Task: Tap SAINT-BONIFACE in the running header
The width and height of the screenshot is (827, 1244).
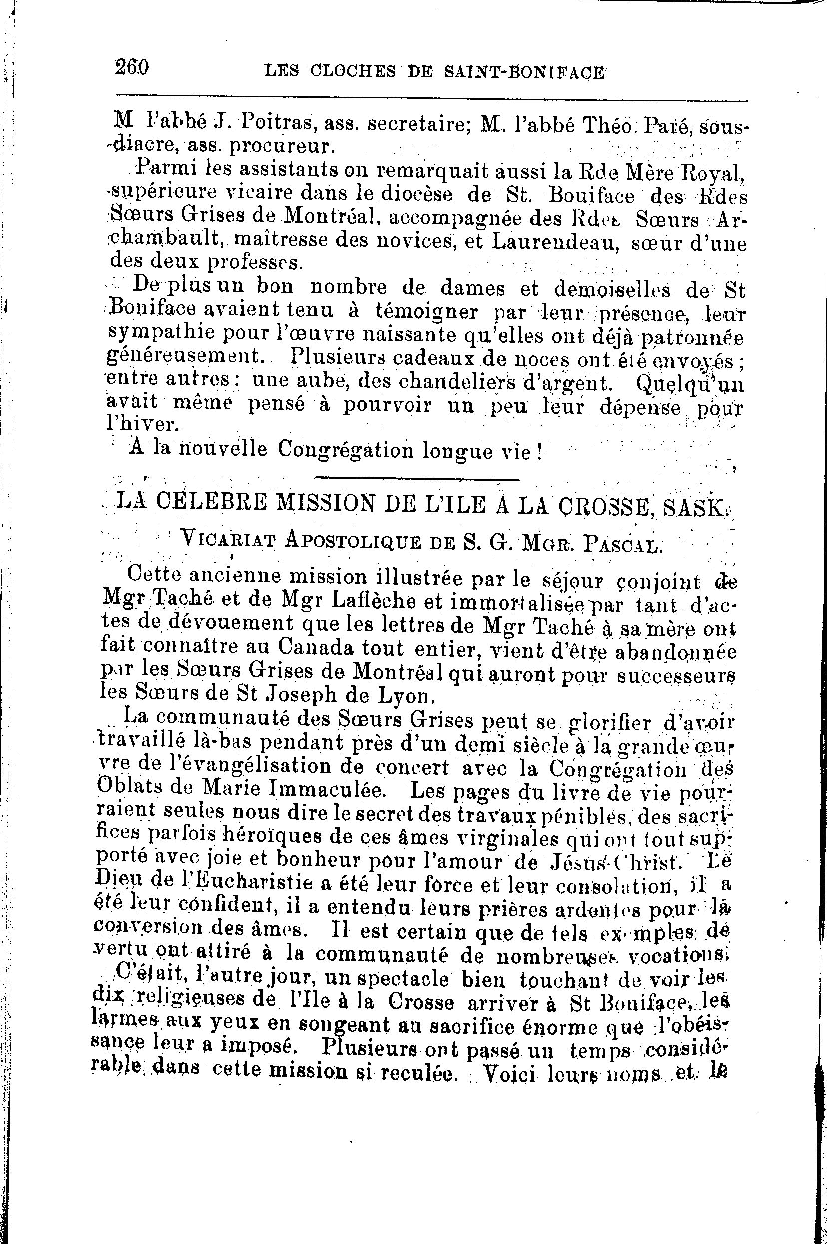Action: pyautogui.click(x=522, y=71)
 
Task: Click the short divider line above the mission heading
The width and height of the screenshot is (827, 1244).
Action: pyautogui.click(x=416, y=479)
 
